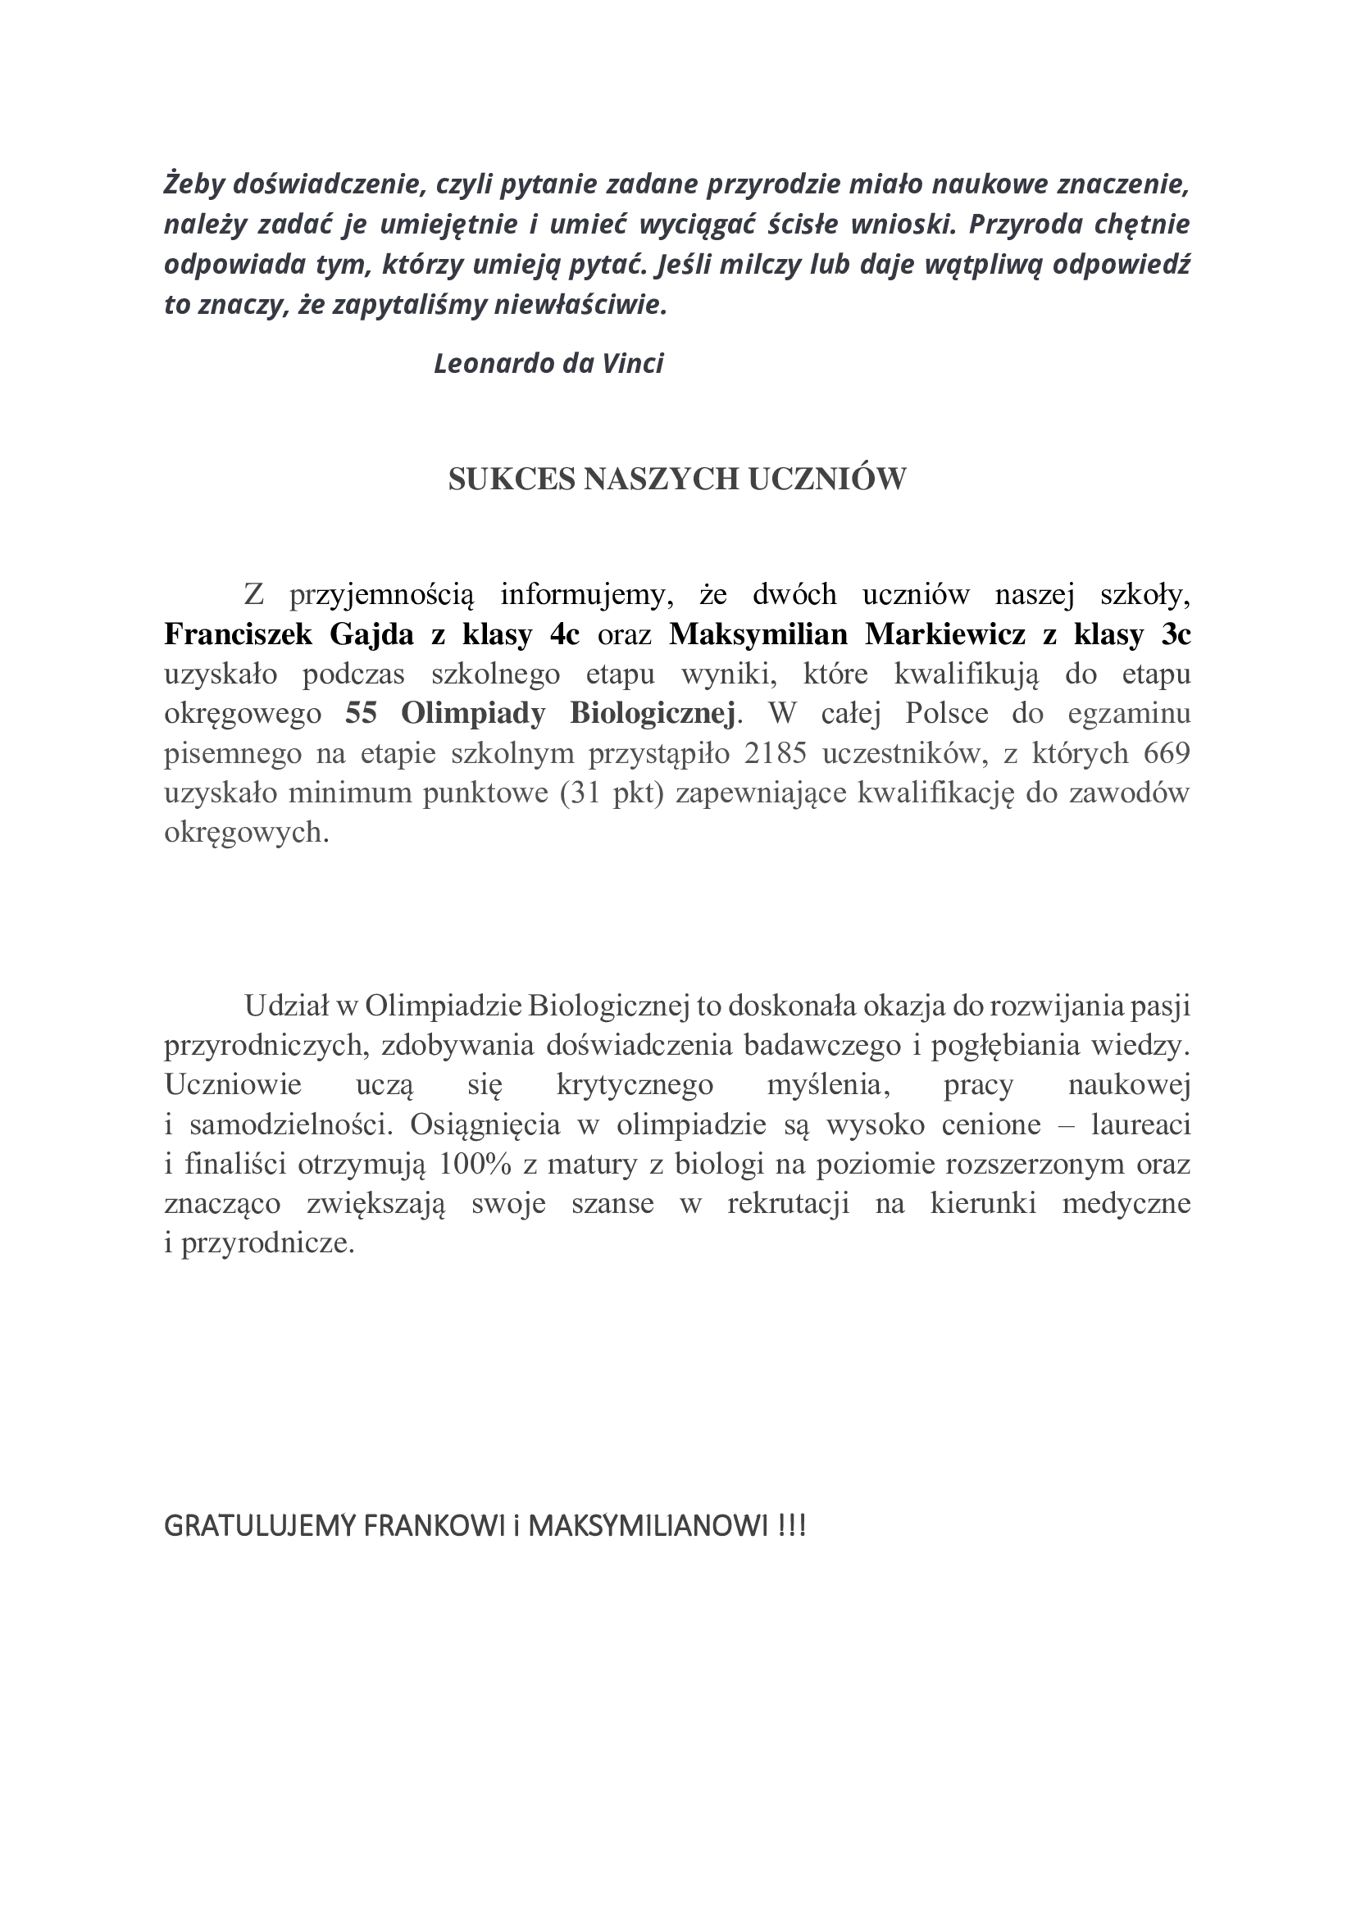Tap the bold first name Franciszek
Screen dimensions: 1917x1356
click(x=238, y=634)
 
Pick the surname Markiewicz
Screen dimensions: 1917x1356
click(x=945, y=634)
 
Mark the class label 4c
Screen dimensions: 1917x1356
click(x=564, y=634)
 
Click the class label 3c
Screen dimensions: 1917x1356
click(x=1176, y=634)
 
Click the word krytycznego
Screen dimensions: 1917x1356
click(x=635, y=1085)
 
